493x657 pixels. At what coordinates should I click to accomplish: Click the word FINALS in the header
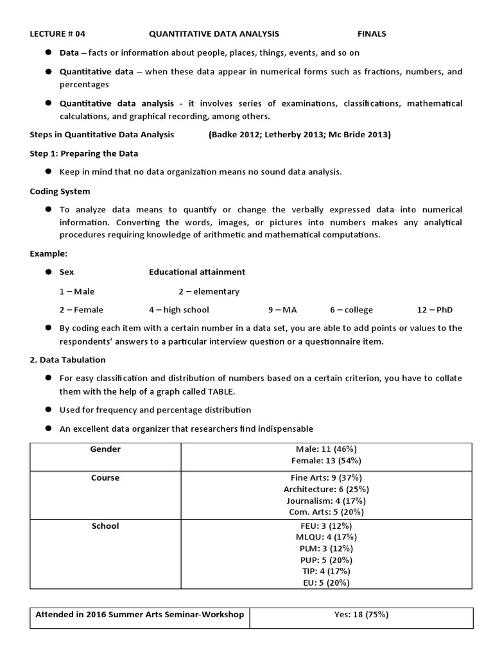tap(372, 34)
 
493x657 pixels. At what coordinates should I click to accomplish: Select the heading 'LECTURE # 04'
tap(57, 34)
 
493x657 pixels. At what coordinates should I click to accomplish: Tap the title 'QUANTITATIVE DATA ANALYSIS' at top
tap(214, 34)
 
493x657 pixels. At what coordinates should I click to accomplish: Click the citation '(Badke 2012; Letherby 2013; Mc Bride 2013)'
tap(299, 135)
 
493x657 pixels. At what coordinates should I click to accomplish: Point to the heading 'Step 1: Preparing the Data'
tap(84, 153)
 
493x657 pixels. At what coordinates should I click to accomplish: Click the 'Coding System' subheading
tap(60, 191)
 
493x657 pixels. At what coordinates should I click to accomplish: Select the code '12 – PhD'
tap(435, 310)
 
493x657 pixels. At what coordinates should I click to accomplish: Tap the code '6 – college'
tap(351, 310)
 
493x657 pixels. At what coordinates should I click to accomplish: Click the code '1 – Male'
tap(77, 291)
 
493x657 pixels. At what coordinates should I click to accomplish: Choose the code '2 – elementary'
tap(209, 291)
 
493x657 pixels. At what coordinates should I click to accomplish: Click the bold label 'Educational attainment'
tap(197, 272)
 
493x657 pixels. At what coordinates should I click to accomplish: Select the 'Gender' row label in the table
tap(106, 449)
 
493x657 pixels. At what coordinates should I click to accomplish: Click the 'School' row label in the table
tap(106, 526)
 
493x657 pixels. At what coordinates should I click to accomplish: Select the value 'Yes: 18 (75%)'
tap(361, 615)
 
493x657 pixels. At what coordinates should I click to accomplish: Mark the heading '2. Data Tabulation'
tap(68, 360)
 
